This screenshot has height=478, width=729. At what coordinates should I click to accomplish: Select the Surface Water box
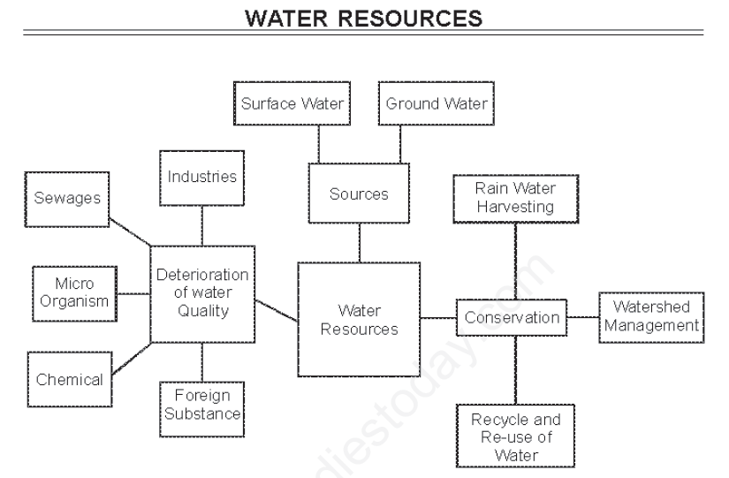pyautogui.click(x=292, y=104)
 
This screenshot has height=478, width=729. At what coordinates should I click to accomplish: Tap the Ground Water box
pyautogui.click(x=437, y=104)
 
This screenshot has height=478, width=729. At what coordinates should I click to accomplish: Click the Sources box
pyautogui.click(x=359, y=193)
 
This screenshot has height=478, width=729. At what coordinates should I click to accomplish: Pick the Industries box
pyautogui.click(x=202, y=178)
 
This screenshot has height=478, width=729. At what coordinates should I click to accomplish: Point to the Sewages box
pyautogui.click(x=67, y=199)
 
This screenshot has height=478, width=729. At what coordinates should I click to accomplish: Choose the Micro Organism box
pyautogui.click(x=74, y=292)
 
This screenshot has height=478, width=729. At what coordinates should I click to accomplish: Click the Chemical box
pyautogui.click(x=69, y=380)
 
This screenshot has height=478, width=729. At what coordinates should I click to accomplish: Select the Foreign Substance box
pyautogui.click(x=201, y=405)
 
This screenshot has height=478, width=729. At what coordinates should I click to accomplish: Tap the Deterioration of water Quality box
pyautogui.click(x=202, y=292)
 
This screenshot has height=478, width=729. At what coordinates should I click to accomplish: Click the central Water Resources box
pyautogui.click(x=359, y=320)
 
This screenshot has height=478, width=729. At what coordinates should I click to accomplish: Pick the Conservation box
pyautogui.click(x=512, y=317)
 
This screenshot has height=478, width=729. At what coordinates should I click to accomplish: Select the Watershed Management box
pyautogui.click(x=650, y=316)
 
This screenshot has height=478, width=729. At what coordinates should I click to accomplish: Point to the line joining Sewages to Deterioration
pyautogui.click(x=128, y=231)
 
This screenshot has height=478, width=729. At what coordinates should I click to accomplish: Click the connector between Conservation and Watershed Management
pyautogui.click(x=583, y=317)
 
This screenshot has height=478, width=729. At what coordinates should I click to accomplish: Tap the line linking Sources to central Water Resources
pyautogui.click(x=359, y=241)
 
